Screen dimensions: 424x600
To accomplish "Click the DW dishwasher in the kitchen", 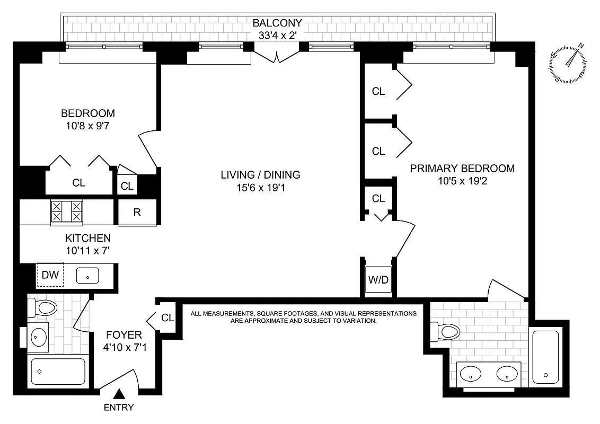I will click(50, 275).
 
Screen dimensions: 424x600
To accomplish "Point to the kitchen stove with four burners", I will click(66, 211).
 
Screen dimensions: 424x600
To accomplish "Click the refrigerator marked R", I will click(137, 213).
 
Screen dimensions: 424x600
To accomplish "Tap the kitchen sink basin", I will click(88, 276).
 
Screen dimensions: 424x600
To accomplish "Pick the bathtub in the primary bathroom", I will click(546, 356).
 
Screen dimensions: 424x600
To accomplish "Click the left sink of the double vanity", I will click(470, 374).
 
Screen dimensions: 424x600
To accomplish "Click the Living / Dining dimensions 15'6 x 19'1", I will click(261, 187).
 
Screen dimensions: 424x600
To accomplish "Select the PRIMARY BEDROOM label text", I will click(462, 169).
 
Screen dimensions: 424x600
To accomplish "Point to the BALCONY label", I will click(277, 23).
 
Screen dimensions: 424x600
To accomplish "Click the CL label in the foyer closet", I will click(167, 318).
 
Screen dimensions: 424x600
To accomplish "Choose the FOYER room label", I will click(123, 335).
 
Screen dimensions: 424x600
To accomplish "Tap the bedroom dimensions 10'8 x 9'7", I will click(88, 126).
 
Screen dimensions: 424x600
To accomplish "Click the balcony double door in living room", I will click(277, 54).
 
